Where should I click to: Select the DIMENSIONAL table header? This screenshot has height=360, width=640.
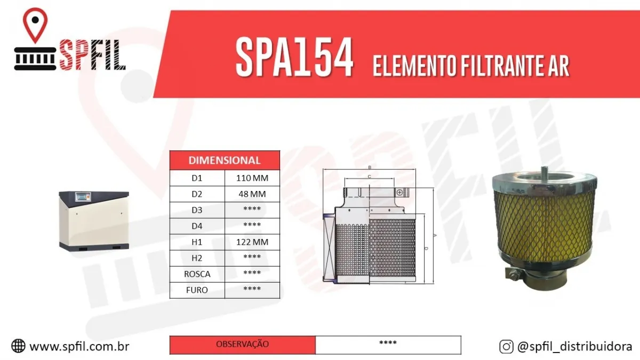pos(225,160)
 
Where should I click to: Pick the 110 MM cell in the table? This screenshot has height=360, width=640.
pos(252,178)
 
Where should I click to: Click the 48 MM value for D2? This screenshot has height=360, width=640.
pos(252,194)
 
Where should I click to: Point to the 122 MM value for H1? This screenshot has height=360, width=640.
pos(252,242)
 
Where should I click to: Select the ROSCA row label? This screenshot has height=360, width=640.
pos(197,274)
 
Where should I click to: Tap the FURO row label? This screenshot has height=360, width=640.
pos(197,290)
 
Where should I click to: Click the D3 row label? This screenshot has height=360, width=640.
pos(197,210)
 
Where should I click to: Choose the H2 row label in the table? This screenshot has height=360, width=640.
pos(197,258)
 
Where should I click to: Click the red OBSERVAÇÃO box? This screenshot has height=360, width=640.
pos(243,345)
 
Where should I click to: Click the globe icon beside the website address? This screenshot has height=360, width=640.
pos(18,346)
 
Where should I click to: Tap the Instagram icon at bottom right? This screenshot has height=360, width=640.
pos(506,347)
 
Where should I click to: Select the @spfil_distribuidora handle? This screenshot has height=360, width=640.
pos(574,347)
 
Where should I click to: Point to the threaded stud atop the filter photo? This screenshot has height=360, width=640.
pos(546,171)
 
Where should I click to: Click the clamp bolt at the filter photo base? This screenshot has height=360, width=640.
pos(513,275)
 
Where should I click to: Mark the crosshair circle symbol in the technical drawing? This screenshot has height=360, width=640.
pos(400,191)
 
